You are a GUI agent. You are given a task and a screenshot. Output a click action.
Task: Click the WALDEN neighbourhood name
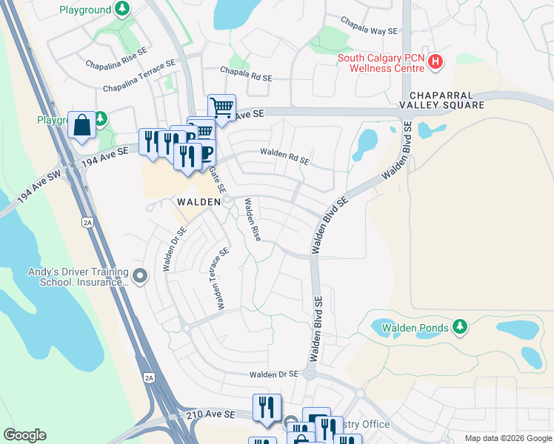click(198, 201)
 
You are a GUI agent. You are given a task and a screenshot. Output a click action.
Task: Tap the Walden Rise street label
click(253, 220)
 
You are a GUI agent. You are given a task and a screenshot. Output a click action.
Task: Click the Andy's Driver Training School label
click(79, 277)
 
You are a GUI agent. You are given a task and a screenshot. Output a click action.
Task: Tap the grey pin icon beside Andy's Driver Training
click(141, 277)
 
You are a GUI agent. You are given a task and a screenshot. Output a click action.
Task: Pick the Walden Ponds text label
click(415, 327)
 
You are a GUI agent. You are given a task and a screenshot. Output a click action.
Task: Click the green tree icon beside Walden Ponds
click(460, 326)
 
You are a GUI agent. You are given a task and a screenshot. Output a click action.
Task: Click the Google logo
click(24, 435)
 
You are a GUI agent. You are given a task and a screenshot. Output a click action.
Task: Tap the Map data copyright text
click(508, 438)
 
